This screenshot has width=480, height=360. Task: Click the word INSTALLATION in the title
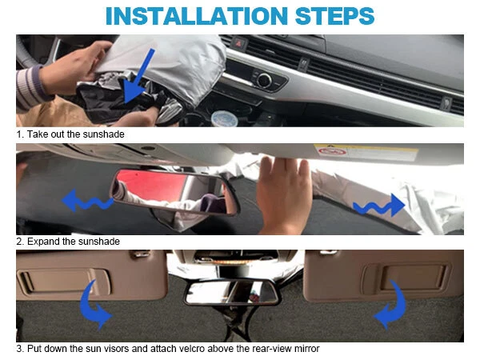[x=197, y=16]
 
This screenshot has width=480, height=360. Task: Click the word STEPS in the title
[x=334, y=16]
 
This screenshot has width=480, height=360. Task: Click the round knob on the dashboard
[x=264, y=80]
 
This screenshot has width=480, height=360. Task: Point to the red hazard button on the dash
[x=239, y=43]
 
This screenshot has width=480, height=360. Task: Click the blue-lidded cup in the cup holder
[x=225, y=118]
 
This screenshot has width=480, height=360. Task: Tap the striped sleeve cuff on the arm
[x=29, y=87]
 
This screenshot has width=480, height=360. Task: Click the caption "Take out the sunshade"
[x=76, y=134]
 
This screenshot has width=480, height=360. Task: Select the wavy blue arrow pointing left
[x=87, y=201]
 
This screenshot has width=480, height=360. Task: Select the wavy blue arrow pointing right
[x=378, y=205]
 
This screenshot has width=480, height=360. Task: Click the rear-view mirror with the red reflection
[x=174, y=191]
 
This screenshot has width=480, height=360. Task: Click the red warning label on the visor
[x=332, y=151]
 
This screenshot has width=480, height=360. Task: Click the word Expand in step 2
[x=43, y=242]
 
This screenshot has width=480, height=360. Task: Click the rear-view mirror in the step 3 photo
[x=232, y=292]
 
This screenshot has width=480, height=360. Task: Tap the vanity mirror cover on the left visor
[x=62, y=281]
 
